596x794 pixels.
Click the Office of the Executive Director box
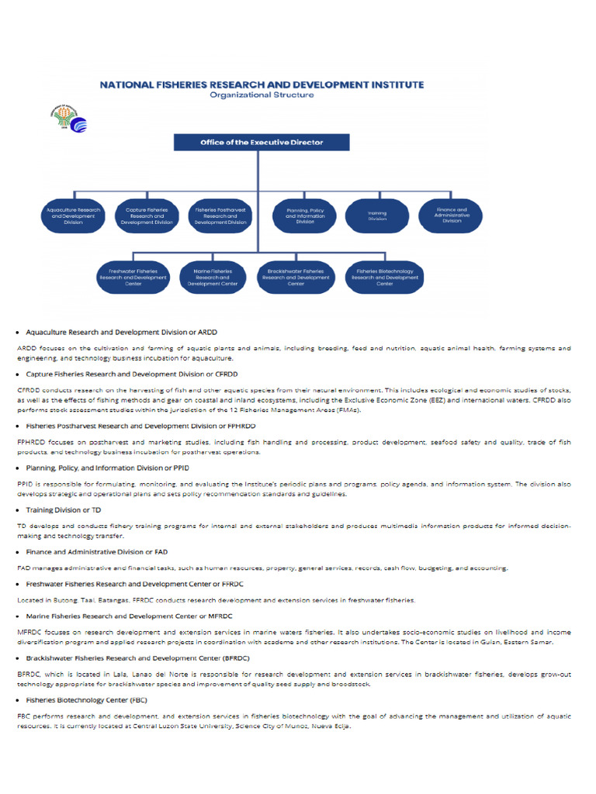click(262, 143)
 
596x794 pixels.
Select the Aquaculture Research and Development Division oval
click(74, 215)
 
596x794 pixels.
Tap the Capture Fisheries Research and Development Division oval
click(147, 215)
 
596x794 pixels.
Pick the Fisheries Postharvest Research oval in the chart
click(220, 215)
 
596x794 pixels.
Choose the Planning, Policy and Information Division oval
click(305, 215)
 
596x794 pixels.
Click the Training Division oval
click(377, 215)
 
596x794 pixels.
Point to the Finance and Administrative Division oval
click(451, 215)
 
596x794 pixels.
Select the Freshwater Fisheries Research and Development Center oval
click(132, 277)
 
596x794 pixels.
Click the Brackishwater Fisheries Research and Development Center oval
click(296, 277)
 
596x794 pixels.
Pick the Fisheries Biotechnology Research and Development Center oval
click(384, 277)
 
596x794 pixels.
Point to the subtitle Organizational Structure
click(262, 95)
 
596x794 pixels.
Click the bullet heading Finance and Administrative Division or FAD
click(96, 552)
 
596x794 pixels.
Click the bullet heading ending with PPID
click(107, 468)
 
